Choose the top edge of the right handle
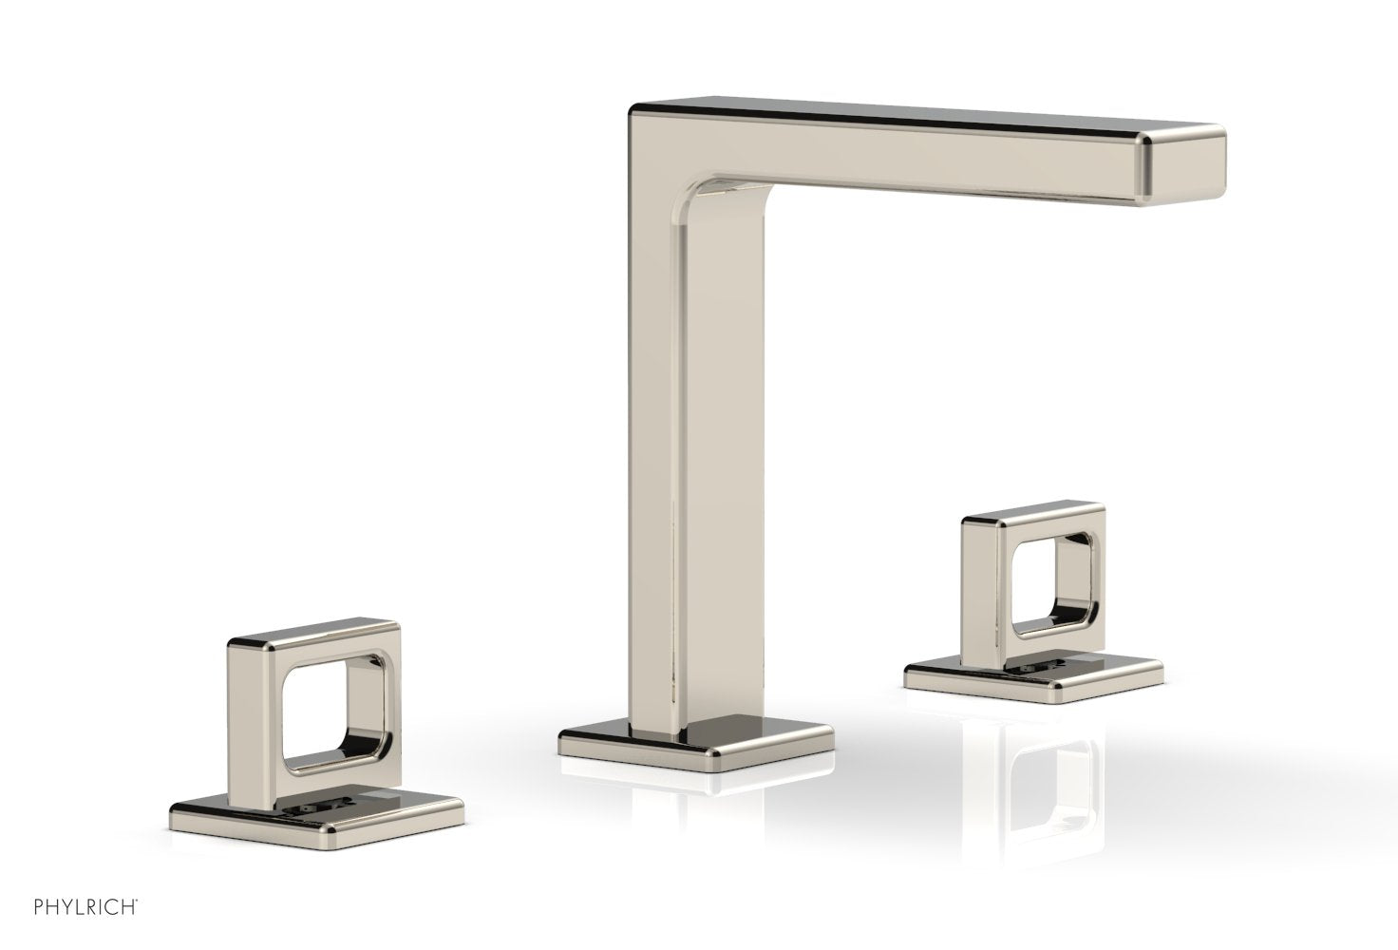tap(1035, 518)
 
